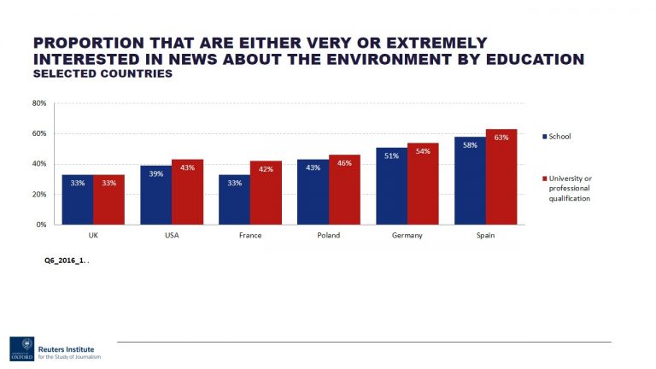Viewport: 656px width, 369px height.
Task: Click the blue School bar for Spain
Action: [x=470, y=180]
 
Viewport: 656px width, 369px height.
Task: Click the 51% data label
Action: [x=391, y=156]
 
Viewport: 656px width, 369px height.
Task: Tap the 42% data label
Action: [x=265, y=169]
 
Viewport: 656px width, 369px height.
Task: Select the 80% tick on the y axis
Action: [x=39, y=103]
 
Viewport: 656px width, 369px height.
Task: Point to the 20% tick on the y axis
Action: [x=39, y=195]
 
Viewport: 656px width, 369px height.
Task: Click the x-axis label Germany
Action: [x=407, y=235]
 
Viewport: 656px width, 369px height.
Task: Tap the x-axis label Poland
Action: [x=329, y=235]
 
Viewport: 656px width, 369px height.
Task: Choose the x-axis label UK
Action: [x=93, y=235]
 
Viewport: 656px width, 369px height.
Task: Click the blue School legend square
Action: [x=544, y=137]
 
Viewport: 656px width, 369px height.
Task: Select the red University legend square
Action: [x=544, y=179]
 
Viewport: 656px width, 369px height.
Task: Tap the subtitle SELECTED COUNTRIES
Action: [x=102, y=74]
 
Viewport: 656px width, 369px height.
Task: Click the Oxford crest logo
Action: [x=22, y=348]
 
